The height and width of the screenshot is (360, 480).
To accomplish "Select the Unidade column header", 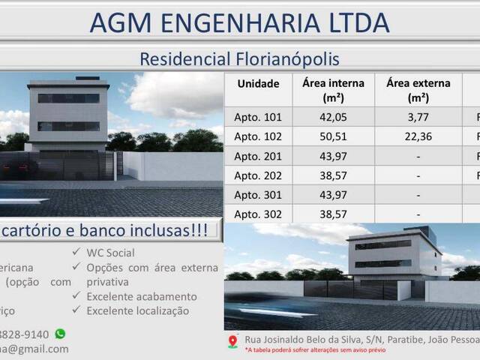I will [258, 84].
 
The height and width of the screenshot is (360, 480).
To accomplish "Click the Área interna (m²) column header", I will [334, 90].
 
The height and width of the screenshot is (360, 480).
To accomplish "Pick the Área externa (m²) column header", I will [418, 90].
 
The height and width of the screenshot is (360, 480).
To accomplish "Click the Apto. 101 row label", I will [258, 117].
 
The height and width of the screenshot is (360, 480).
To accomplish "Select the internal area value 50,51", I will [334, 136].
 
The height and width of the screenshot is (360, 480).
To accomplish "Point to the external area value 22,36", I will [418, 136].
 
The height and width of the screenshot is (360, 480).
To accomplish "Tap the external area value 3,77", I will [418, 117].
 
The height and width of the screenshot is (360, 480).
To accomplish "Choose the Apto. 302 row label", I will [258, 214].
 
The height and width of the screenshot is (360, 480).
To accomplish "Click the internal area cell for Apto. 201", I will [334, 156].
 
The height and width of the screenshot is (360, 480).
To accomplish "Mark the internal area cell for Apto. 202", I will [334, 175].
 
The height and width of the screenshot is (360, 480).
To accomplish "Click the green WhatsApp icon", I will [60, 334].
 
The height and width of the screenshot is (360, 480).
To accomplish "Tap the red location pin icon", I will [232, 341].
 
